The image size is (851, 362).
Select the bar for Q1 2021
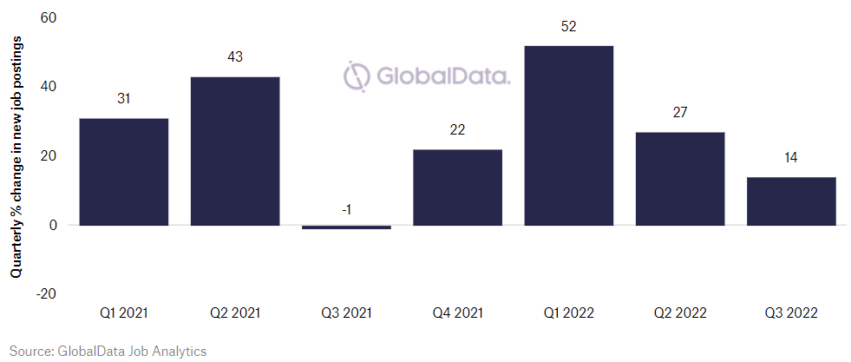click(123, 172)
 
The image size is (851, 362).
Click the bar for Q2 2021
click(234, 151)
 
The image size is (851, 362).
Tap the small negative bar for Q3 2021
click(346, 227)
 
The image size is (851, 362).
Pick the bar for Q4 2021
click(457, 188)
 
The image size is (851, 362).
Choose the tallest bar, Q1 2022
click(568, 135)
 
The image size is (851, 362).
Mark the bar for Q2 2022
click(680, 179)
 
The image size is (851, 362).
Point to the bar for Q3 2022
click(791, 201)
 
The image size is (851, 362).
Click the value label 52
click(568, 27)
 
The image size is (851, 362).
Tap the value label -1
click(346, 209)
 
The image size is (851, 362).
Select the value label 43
click(234, 57)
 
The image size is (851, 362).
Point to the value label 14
click(791, 158)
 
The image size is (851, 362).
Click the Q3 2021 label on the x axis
click(346, 313)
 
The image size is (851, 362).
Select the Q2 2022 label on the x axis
click(680, 313)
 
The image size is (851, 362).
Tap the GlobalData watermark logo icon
click(357, 76)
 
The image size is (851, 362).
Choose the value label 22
click(457, 130)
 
